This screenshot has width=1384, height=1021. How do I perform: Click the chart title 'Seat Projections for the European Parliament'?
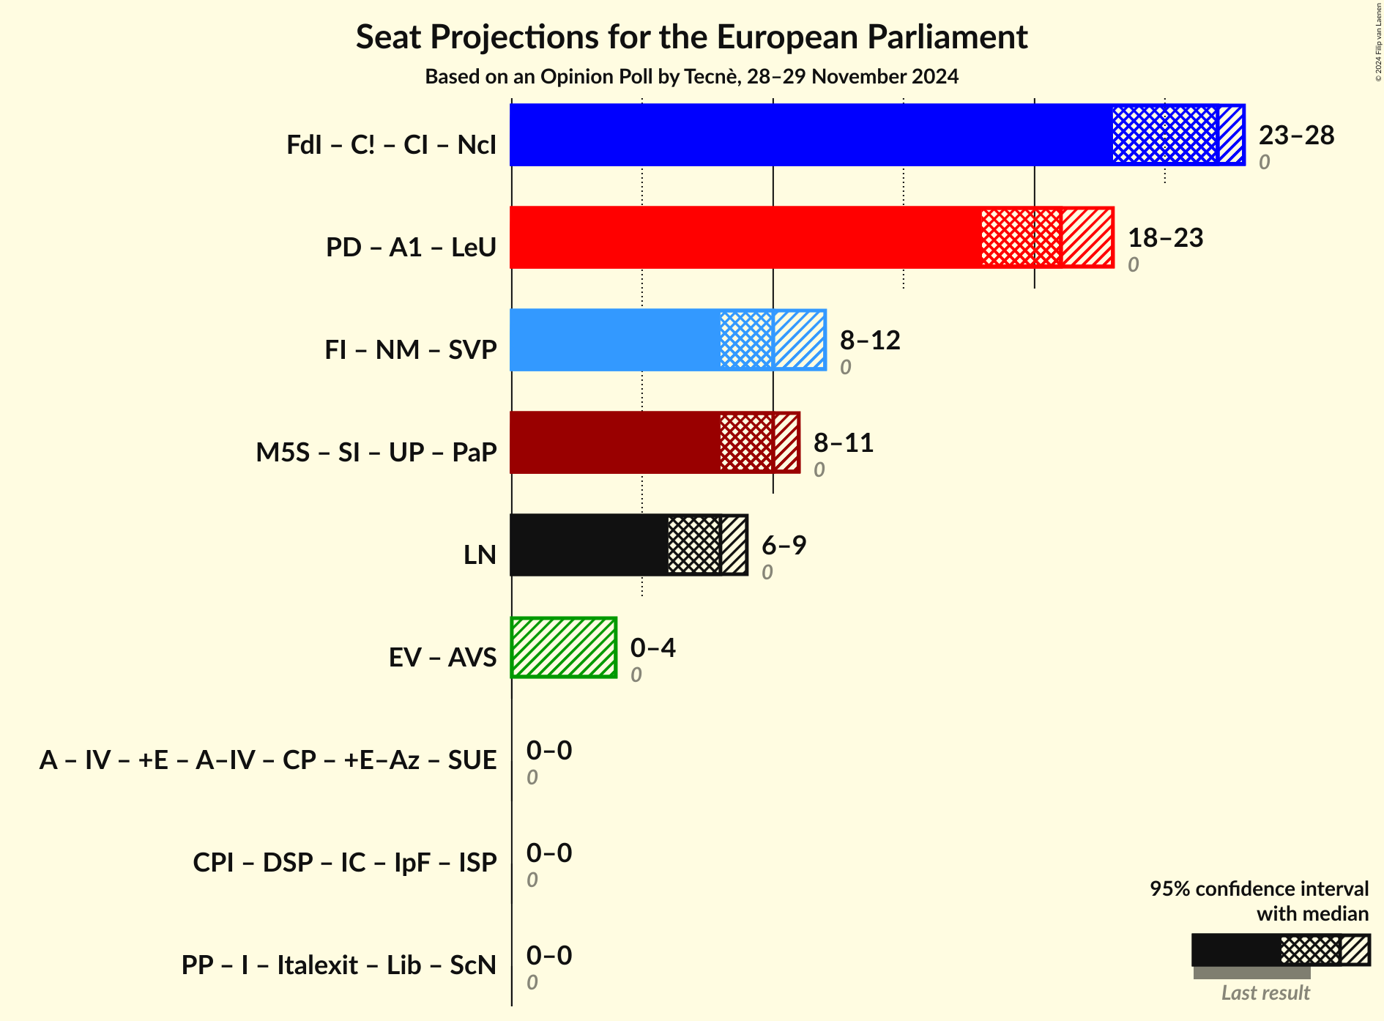[691, 37]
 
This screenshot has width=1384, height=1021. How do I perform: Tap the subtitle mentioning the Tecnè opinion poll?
[691, 77]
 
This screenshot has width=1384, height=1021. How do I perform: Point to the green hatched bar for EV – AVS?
[564, 647]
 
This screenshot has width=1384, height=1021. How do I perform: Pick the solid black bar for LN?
[589, 545]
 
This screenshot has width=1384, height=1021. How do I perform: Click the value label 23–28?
[1296, 135]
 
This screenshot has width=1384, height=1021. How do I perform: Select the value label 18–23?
[1165, 238]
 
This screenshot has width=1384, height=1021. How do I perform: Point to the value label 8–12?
[869, 341]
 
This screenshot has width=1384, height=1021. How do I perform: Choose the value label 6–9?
[784, 546]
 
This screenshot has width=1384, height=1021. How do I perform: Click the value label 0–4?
[652, 648]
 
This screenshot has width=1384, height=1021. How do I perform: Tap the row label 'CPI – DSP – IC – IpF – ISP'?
[345, 863]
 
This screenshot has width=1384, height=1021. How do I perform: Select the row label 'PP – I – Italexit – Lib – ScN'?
[339, 965]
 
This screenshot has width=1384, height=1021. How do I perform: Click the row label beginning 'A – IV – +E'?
[268, 760]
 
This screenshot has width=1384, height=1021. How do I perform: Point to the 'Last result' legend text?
[1265, 993]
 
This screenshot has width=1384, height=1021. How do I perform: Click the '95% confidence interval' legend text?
[1259, 889]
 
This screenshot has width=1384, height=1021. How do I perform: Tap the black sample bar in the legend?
[1236, 950]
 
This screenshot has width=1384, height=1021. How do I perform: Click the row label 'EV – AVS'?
[442, 658]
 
